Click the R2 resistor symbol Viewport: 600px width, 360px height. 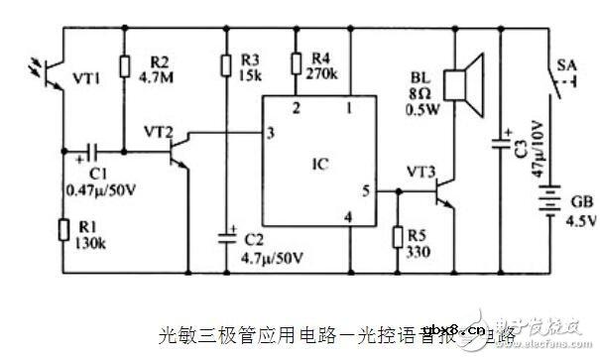[124, 66]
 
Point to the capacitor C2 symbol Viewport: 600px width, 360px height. [229, 237]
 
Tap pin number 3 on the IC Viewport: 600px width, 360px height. [269, 133]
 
